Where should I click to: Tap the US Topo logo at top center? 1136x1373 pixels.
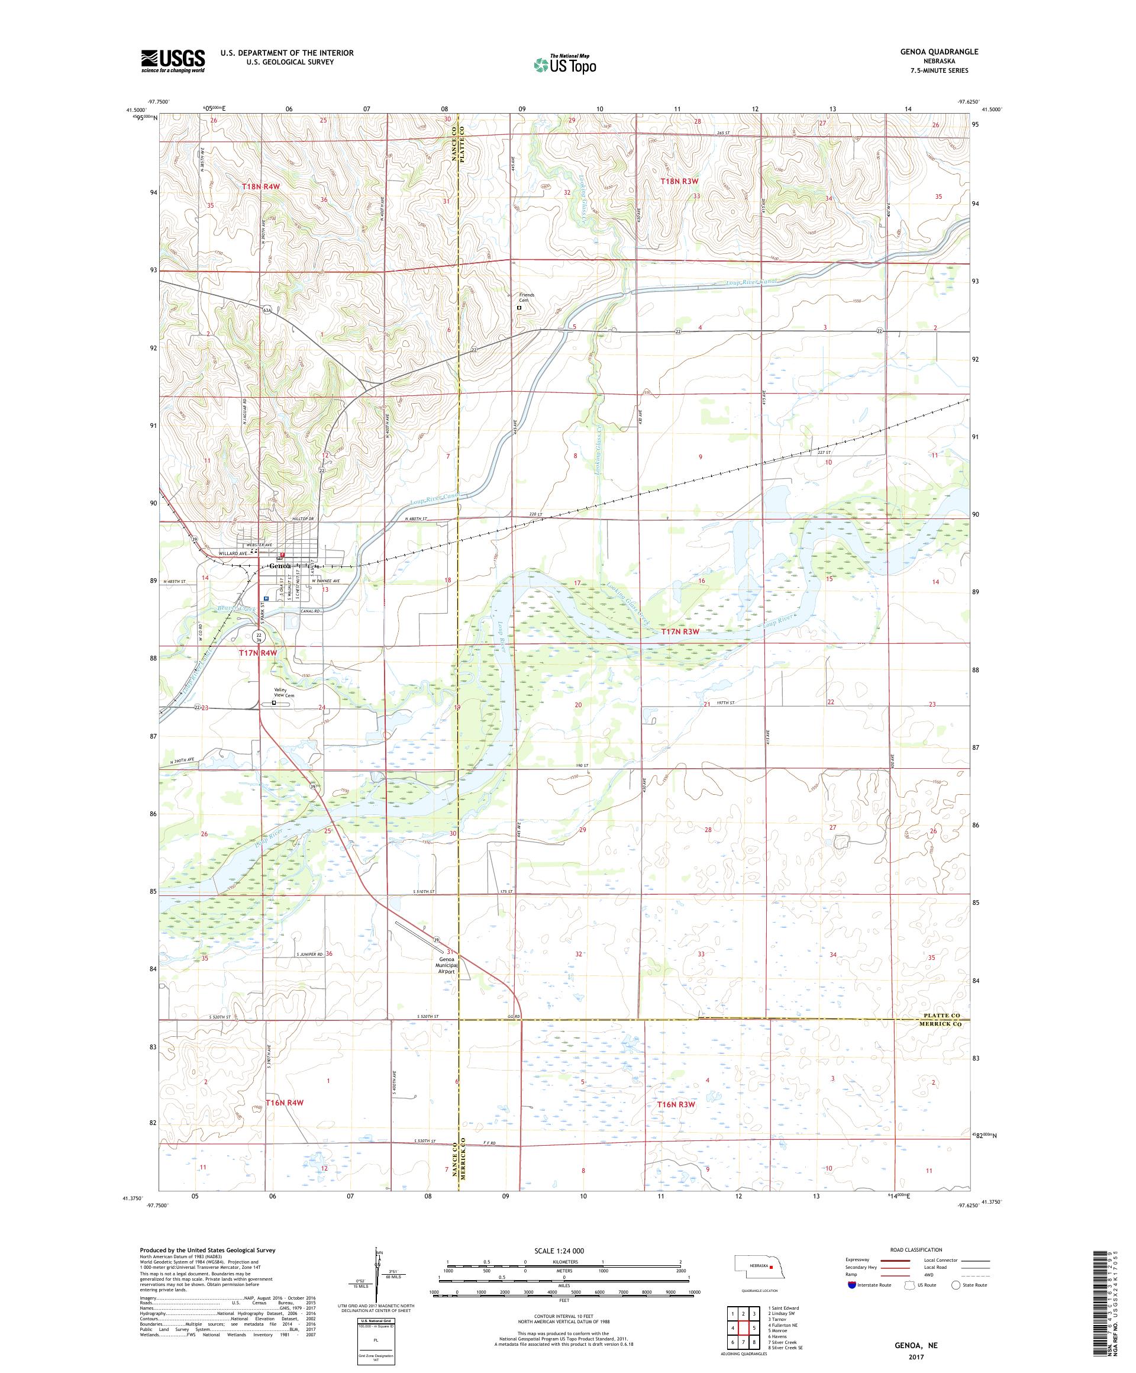[x=566, y=64]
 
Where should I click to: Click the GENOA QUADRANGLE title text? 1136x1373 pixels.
[x=942, y=51]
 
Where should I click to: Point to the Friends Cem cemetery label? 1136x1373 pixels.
[x=526, y=298]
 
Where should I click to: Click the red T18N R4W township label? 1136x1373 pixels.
[x=261, y=186]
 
